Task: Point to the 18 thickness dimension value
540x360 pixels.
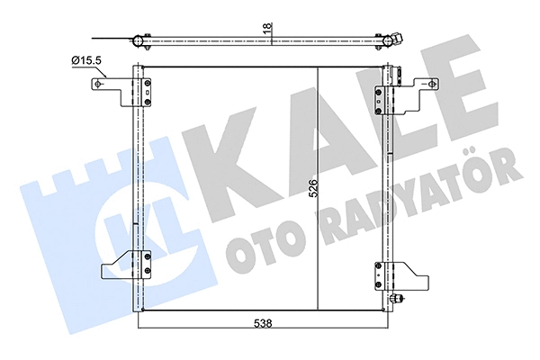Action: pos(266,30)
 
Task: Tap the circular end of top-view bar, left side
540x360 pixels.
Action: pos(137,40)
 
